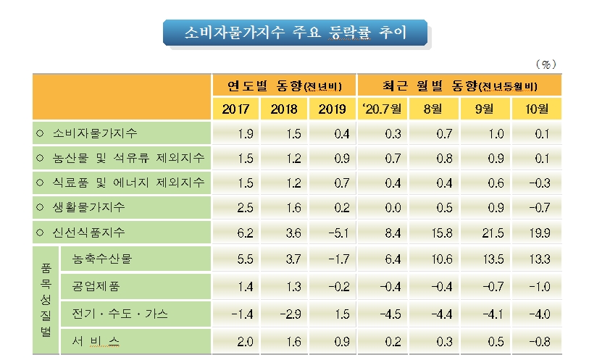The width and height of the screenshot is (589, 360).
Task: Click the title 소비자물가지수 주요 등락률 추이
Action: tap(295, 33)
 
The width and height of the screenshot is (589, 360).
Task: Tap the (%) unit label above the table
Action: tap(548, 64)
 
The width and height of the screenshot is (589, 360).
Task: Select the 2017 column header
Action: tap(236, 109)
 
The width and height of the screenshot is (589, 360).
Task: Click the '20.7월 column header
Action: tap(385, 109)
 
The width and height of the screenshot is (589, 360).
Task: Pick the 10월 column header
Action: tap(536, 109)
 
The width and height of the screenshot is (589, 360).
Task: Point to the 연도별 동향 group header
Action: tap(284, 86)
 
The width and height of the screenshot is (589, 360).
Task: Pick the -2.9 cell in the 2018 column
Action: tap(284, 314)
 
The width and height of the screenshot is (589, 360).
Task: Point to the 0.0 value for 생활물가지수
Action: tap(384, 207)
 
